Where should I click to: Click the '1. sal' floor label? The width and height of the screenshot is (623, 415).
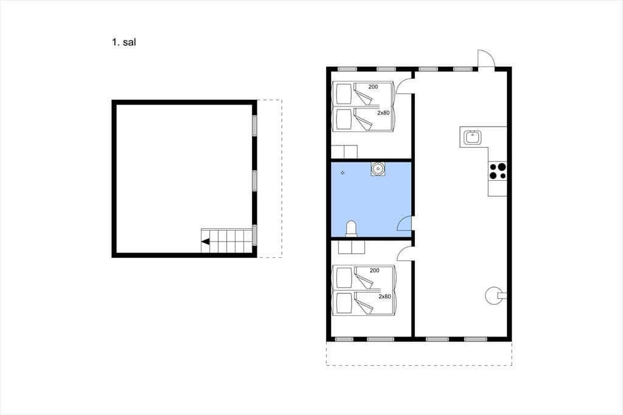pyautogui.click(x=124, y=42)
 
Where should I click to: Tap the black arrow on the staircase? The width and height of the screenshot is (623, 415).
pyautogui.click(x=206, y=242)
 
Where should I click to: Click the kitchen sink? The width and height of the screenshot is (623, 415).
pyautogui.click(x=472, y=137)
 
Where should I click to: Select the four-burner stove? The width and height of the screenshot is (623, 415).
pyautogui.click(x=498, y=171)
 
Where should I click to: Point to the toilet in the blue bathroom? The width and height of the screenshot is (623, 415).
pyautogui.click(x=351, y=229)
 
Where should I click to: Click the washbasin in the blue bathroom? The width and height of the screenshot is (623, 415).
pyautogui.click(x=378, y=169)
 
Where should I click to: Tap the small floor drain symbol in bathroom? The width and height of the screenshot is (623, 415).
pyautogui.click(x=343, y=173)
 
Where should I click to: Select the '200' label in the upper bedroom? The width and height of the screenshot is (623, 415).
pyautogui.click(x=373, y=86)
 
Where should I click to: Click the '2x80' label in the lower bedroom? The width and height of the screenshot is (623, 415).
pyautogui.click(x=385, y=296)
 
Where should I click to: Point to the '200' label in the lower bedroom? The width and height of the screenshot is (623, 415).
pyautogui.click(x=374, y=270)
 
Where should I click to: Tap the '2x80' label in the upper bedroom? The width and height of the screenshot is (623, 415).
pyautogui.click(x=383, y=113)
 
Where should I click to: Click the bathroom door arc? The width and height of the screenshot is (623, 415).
pyautogui.click(x=404, y=223)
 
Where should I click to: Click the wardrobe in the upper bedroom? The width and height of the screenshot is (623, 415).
pyautogui.click(x=344, y=152)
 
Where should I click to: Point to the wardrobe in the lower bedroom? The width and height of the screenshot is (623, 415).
pyautogui.click(x=352, y=246)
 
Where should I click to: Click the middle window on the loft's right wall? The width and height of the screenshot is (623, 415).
pyautogui.click(x=255, y=181)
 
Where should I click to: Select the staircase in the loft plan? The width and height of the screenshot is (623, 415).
pyautogui.click(x=227, y=241)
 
